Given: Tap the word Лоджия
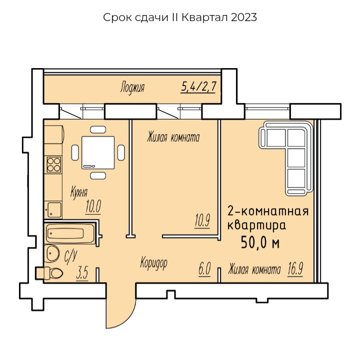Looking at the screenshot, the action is pyautogui.click(x=132, y=88).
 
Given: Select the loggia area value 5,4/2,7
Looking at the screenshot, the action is pyautogui.click(x=198, y=87).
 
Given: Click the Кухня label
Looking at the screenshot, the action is pyautogui.click(x=79, y=193).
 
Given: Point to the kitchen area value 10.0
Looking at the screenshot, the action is pyautogui.click(x=93, y=207).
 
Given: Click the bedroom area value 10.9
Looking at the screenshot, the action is pyautogui.click(x=202, y=220).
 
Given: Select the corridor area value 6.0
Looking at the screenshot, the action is pyautogui.click(x=204, y=269).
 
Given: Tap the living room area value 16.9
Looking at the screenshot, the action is pyautogui.click(x=295, y=269).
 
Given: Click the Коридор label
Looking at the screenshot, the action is pyautogui.click(x=153, y=263).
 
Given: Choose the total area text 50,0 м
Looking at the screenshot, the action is pyautogui.click(x=260, y=243).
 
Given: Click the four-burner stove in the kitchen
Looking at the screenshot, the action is pyautogui.click(x=54, y=165).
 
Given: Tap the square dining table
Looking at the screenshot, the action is pyautogui.click(x=98, y=153).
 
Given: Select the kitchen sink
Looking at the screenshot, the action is pyautogui.click(x=54, y=210).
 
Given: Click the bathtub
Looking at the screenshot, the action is pyautogui.click(x=70, y=233).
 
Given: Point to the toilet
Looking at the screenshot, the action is pyautogui.click(x=49, y=273).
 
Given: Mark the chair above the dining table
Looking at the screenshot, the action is pyautogui.click(x=98, y=130).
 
